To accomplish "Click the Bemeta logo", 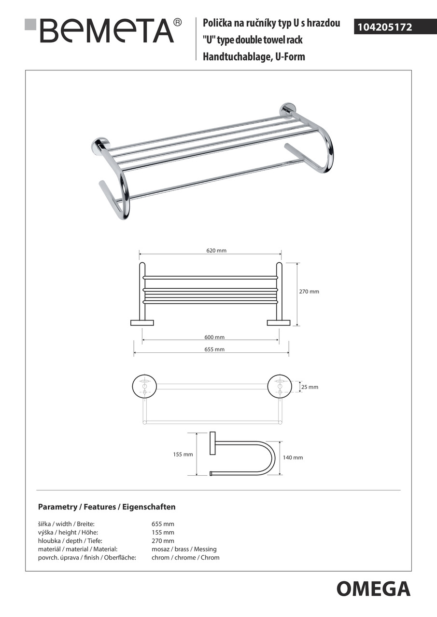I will pos(104,30).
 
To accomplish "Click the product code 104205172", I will pos(384,27).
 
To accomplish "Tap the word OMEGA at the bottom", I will pos(373,589).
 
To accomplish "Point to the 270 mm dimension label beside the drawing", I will pos(309,292).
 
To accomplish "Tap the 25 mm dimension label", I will pos(310,387).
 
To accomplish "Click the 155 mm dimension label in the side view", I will pos(183,455).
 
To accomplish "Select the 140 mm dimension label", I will pos(293,457).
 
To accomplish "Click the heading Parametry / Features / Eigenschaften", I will pos(107,507).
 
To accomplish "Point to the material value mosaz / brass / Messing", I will pos(184,549).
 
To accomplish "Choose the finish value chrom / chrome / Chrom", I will pos(185,558).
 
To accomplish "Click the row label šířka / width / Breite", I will pos(66,524).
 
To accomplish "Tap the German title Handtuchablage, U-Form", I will pos(254,57).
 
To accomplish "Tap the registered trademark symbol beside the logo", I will pos(177,22).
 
